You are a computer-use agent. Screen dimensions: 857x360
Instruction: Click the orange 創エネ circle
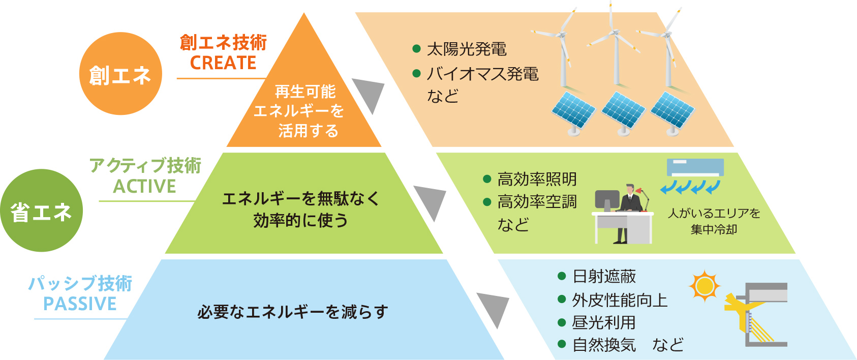(120, 73)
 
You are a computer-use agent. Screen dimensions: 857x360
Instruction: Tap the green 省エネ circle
(41, 211)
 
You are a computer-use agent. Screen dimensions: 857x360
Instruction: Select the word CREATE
(223, 63)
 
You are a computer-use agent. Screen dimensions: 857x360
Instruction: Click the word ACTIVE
(145, 186)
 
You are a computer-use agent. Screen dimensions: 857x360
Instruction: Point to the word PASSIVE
(80, 304)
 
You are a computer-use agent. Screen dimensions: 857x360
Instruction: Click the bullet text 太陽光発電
(467, 49)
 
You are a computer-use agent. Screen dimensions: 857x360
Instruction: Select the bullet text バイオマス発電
(483, 74)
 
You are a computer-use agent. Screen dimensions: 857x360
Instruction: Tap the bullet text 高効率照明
(537, 179)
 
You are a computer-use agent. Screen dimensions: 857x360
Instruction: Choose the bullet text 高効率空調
(537, 202)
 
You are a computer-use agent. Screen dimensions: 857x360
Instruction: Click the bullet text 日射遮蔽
(604, 276)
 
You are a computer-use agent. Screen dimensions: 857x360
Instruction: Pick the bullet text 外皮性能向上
(620, 301)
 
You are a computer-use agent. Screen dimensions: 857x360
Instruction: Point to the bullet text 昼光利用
(604, 323)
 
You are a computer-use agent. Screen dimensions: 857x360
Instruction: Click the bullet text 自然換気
(604, 345)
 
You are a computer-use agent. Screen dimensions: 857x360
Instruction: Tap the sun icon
(705, 286)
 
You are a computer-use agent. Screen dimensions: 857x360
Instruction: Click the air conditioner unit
(695, 168)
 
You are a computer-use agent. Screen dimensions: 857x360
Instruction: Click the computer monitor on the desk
(607, 200)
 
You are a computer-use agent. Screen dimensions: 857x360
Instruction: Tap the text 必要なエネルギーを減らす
(293, 312)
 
